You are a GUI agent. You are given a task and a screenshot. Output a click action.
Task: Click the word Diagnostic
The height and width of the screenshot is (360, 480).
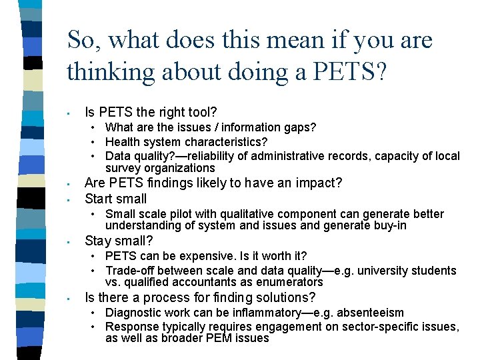click(x=134, y=313)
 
